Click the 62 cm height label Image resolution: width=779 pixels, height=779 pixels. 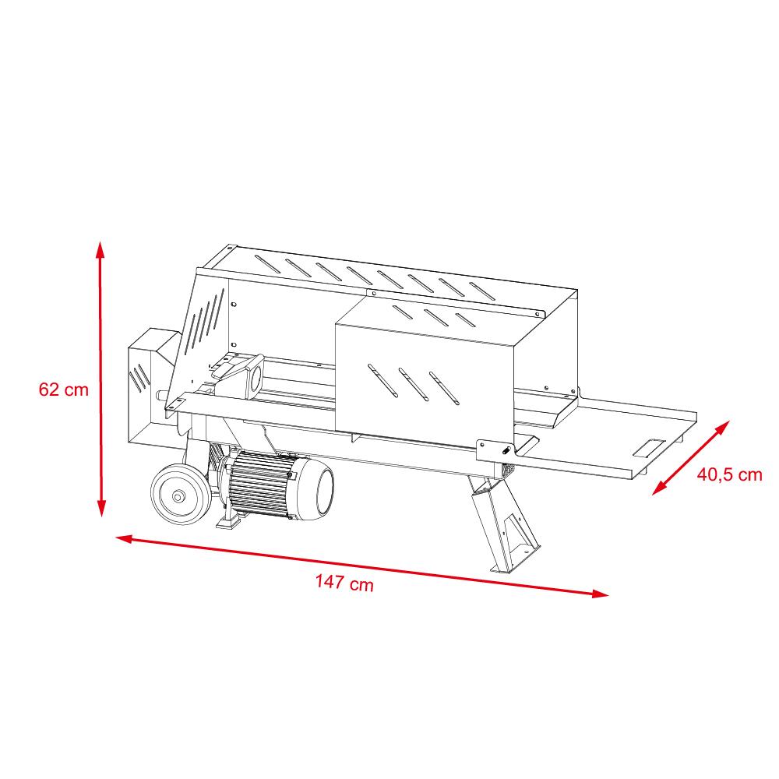pyautogui.click(x=64, y=389)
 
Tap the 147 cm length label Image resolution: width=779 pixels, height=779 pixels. pyautogui.click(x=344, y=582)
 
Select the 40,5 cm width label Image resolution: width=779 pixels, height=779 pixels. pyautogui.click(x=729, y=474)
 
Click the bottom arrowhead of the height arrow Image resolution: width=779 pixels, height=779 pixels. pyautogui.click(x=101, y=508)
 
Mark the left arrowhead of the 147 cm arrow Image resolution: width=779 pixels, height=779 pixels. pyautogui.click(x=124, y=538)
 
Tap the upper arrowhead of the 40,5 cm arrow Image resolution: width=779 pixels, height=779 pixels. pyautogui.click(x=723, y=427)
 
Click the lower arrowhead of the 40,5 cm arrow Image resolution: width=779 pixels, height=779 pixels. pyautogui.click(x=659, y=488)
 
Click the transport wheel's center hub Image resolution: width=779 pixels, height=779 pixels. pyautogui.click(x=178, y=495)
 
